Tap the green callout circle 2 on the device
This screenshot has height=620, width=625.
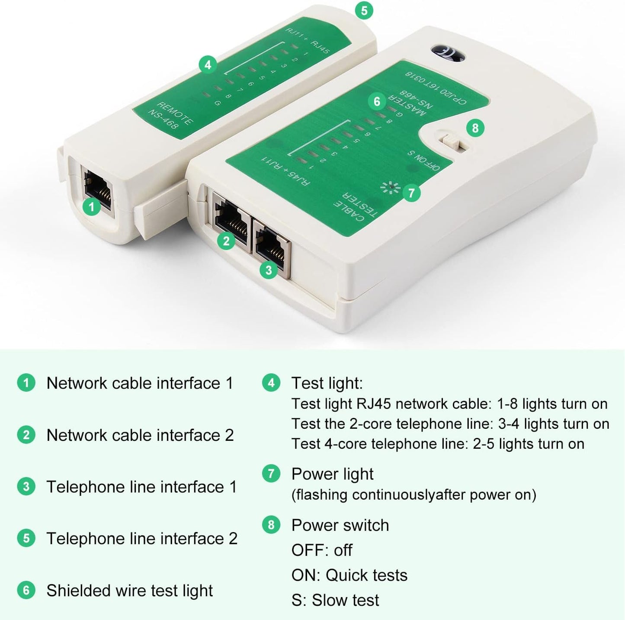point(226,241)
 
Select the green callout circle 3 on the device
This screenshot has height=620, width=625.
point(269,270)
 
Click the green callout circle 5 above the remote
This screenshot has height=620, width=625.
point(364,10)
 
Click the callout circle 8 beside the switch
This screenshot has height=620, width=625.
point(475,128)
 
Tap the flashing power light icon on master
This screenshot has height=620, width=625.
point(390,187)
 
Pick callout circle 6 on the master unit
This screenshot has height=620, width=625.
point(377,102)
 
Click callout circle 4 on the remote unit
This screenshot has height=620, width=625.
point(208,65)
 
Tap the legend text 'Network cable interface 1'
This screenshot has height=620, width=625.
point(139,383)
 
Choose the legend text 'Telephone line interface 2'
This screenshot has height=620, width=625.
point(142,539)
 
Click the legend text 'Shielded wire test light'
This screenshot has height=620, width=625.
point(129,591)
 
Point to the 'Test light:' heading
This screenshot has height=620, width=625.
point(327,383)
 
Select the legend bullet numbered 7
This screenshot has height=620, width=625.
point(271,474)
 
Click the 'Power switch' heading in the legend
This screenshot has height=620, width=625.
point(340,525)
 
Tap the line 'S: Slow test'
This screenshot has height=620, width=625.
point(335,601)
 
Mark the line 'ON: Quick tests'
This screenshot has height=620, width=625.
point(349,575)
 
